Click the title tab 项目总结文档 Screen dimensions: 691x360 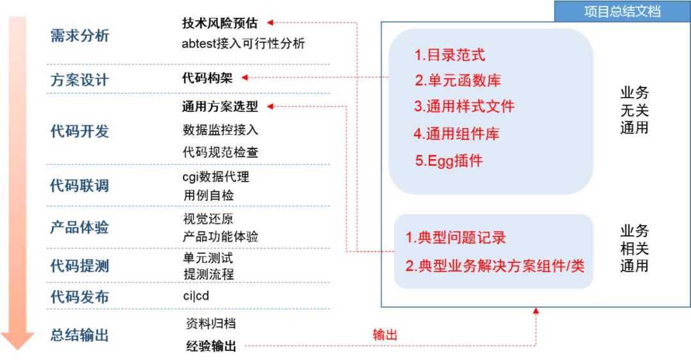pyautogui.click(x=622, y=11)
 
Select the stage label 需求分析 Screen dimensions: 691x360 pyautogui.click(x=80, y=36)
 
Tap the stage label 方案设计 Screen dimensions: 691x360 pyautogui.click(x=80, y=81)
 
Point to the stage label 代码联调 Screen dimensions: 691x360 pyautogui.click(x=80, y=186)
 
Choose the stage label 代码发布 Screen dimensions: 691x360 pyautogui.click(x=80, y=297)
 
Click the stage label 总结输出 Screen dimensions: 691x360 pyautogui.click(x=80, y=335)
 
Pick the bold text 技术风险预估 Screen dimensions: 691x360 pyautogui.click(x=220, y=23)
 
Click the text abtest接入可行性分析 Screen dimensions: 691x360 pyautogui.click(x=244, y=43)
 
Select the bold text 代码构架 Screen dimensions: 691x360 pyautogui.click(x=207, y=78)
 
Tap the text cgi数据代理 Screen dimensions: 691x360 pyautogui.click(x=216, y=176)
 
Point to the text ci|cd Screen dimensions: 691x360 pyautogui.click(x=196, y=296)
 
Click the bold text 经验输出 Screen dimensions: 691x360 pyautogui.click(x=211, y=347)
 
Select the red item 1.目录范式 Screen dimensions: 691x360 pyautogui.click(x=450, y=55)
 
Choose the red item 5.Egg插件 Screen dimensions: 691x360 pyautogui.click(x=449, y=161)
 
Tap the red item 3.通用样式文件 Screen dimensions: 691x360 pyautogui.click(x=464, y=106)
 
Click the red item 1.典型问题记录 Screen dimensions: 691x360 pyautogui.click(x=456, y=238)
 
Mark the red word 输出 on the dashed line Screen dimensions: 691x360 pyautogui.click(x=385, y=335)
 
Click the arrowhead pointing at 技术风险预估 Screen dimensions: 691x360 pyautogui.click(x=270, y=23)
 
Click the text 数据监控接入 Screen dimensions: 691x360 pyautogui.click(x=221, y=130)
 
